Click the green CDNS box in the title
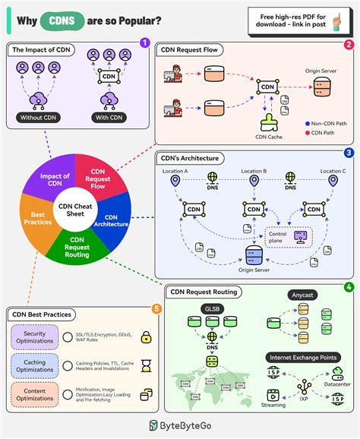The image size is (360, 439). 63,21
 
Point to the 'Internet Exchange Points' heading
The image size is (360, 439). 302,356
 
